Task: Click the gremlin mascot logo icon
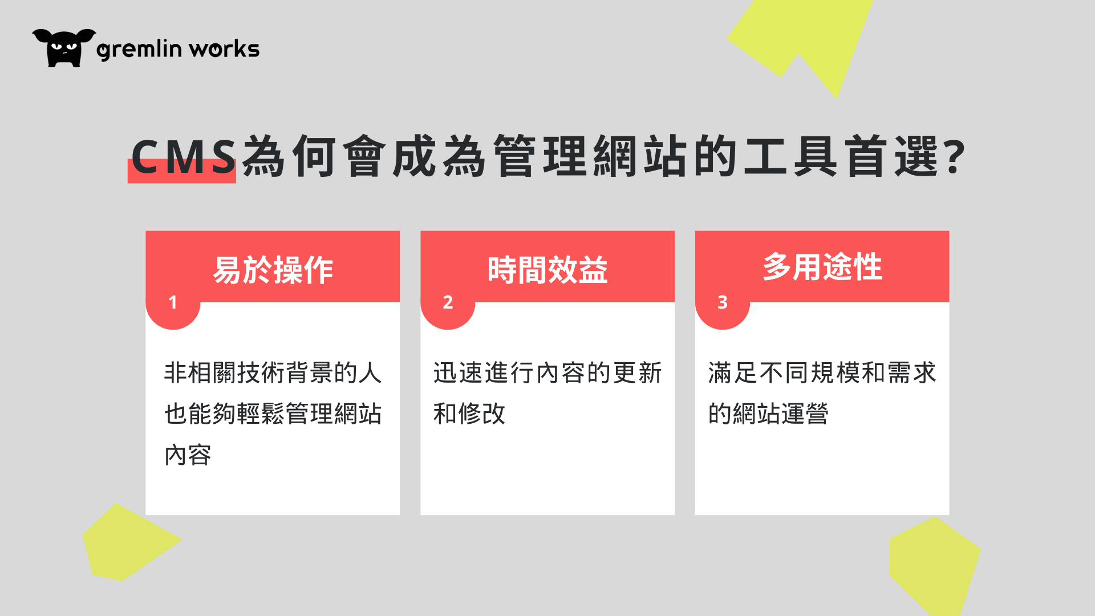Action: [x=64, y=48]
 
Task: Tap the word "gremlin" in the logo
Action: [x=139, y=50]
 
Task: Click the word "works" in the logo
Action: [x=225, y=48]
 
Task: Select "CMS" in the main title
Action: [x=183, y=156]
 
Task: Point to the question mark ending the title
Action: [x=955, y=156]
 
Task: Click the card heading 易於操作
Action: [x=273, y=270]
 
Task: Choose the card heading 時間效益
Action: [x=547, y=270]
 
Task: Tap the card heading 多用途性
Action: [x=822, y=266]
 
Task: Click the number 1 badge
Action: [x=173, y=302]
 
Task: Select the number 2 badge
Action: [x=448, y=302]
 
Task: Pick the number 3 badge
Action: [x=723, y=302]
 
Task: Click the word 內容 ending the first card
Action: [x=188, y=455]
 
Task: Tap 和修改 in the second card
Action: [x=469, y=414]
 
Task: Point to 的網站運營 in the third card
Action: [x=768, y=414]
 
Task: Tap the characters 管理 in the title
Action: [x=540, y=156]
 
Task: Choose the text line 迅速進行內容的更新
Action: [x=547, y=372]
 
